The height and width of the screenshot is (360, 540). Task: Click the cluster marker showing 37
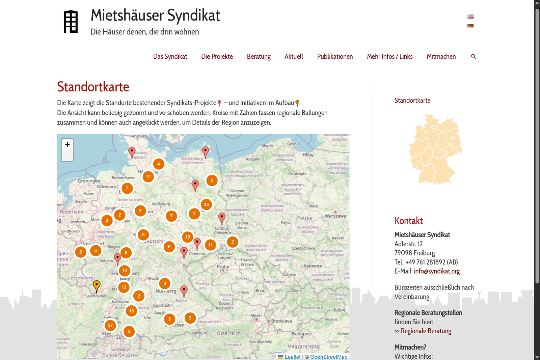point(110,326)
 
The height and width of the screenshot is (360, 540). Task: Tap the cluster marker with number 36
point(206,204)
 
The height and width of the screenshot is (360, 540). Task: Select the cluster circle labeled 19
point(188,237)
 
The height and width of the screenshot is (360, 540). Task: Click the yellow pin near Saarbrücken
point(97,286)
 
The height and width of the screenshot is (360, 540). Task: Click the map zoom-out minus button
point(67,156)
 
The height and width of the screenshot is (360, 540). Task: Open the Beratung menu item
point(259,56)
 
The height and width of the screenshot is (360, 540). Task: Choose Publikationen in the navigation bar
point(335,56)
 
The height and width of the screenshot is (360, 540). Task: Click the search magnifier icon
point(474,56)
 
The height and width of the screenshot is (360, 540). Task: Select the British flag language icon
point(470,17)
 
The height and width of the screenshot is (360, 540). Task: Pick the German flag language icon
point(470,26)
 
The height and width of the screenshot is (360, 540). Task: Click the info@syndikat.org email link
point(437,271)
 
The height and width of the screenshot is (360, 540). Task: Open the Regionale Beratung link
point(426,331)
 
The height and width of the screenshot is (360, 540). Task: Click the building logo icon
point(71,22)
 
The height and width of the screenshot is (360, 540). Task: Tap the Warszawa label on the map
point(335,216)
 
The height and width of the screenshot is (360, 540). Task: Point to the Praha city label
point(223,267)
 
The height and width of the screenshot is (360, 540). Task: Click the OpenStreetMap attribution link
point(328,357)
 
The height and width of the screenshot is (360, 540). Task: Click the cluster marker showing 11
point(210,245)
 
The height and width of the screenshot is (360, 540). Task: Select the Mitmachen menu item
point(441,56)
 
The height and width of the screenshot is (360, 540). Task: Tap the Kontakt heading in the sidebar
point(408,221)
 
